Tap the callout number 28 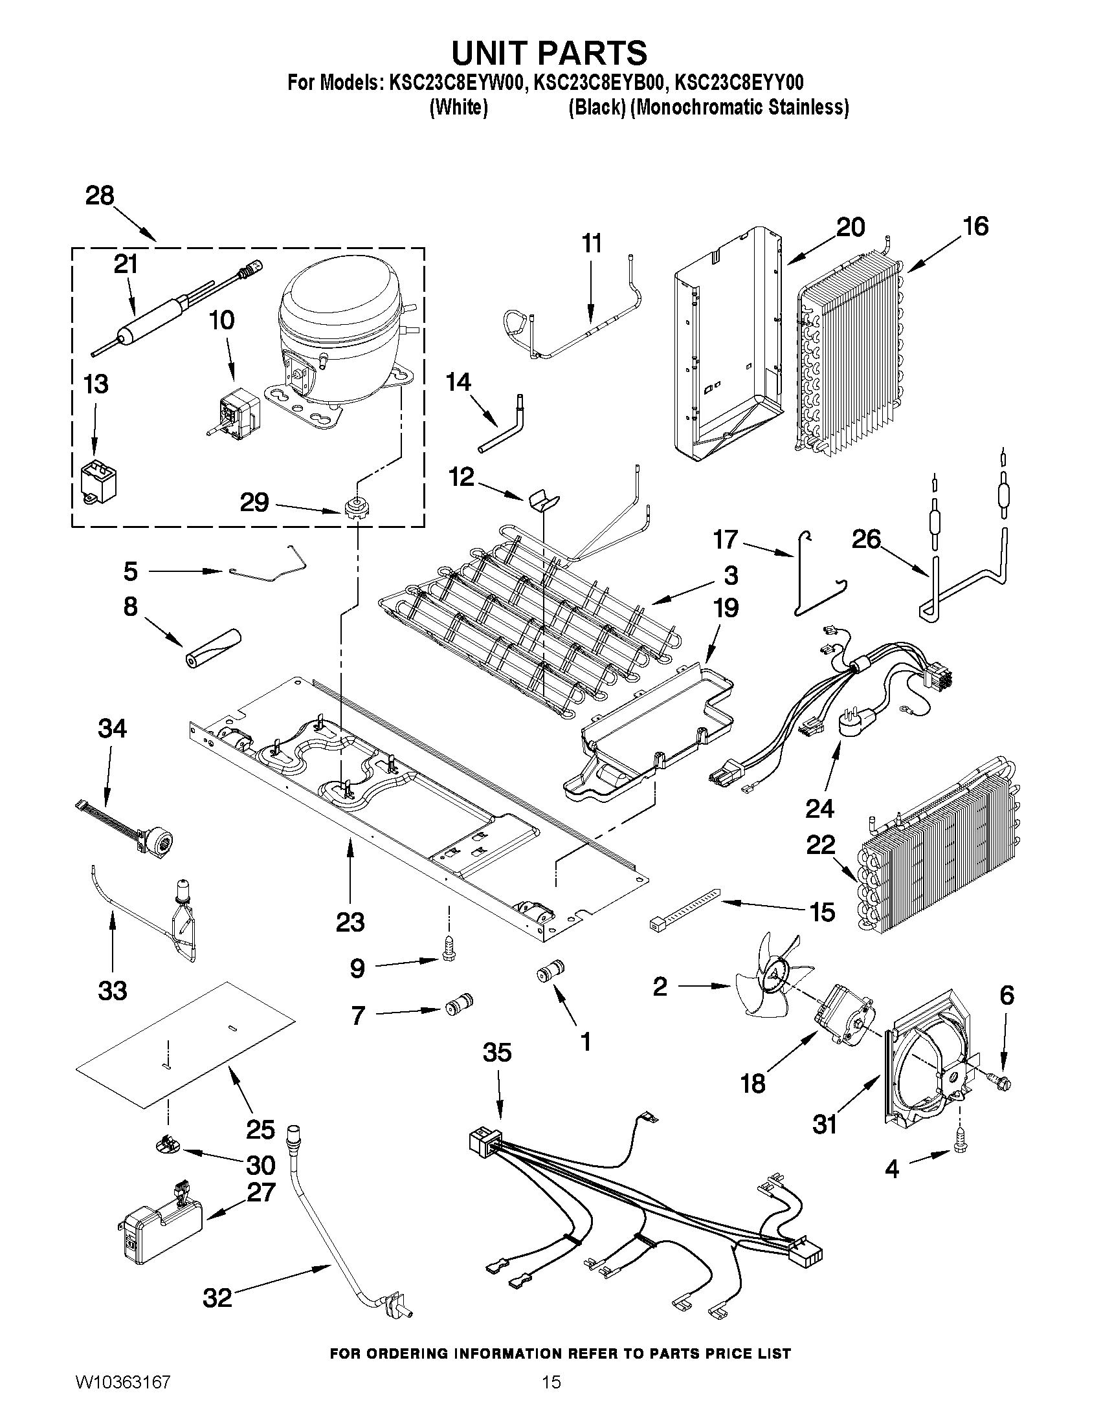100,195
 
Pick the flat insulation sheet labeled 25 186,1043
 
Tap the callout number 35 497,1053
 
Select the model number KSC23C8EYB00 600,83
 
